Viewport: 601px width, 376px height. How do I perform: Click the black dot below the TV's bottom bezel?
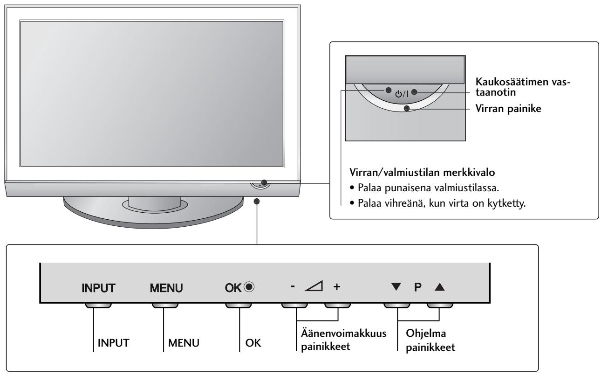pyautogui.click(x=257, y=201)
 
